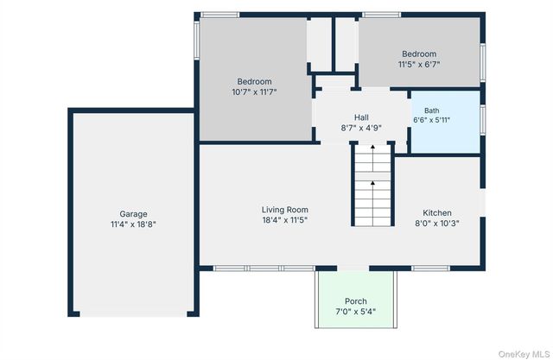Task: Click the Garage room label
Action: (x=133, y=214)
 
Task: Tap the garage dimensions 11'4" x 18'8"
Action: (x=133, y=224)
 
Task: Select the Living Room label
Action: (x=285, y=210)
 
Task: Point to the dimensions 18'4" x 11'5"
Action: (x=285, y=220)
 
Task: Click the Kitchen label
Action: (x=437, y=212)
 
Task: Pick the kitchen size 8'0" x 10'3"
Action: (x=437, y=224)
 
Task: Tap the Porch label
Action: (x=356, y=301)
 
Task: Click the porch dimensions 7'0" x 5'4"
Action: (x=356, y=312)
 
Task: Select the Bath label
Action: (x=432, y=111)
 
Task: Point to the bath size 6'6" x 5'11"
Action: (x=432, y=120)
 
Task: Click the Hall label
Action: (x=361, y=117)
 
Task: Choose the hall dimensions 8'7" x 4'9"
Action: (x=361, y=128)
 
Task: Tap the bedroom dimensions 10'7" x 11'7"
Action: (x=254, y=92)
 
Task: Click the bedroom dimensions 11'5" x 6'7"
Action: (x=419, y=65)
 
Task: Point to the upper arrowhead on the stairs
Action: (x=372, y=147)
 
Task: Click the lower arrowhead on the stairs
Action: (x=372, y=183)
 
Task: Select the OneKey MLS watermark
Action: (x=524, y=354)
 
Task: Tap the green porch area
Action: (x=356, y=289)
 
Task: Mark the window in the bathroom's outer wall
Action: (x=483, y=120)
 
